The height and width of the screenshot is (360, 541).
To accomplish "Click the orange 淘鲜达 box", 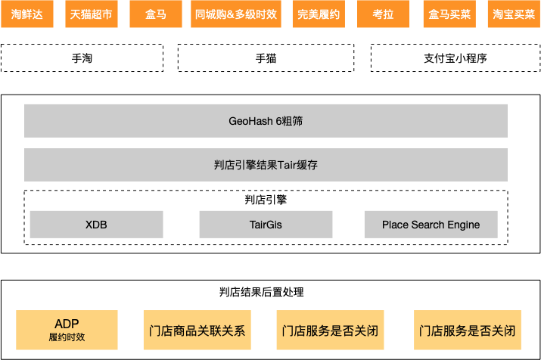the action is pyautogui.click(x=27, y=14).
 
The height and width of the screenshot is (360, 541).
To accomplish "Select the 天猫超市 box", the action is pyautogui.click(x=89, y=14).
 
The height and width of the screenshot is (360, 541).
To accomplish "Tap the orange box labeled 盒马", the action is pyautogui.click(x=155, y=14).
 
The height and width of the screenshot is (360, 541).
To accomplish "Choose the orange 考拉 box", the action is pyautogui.click(x=383, y=14).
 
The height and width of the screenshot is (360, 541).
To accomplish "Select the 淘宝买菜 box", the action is pyautogui.click(x=514, y=14).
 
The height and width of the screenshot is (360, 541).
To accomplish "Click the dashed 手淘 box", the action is pyautogui.click(x=82, y=57).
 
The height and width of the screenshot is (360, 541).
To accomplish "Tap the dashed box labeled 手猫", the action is pyautogui.click(x=266, y=57).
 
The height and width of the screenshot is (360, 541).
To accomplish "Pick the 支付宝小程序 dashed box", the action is pyautogui.click(x=455, y=57).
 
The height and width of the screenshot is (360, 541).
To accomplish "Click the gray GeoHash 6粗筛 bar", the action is pyautogui.click(x=266, y=120).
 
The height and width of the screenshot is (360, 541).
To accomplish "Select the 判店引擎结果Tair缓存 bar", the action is pyautogui.click(x=266, y=164).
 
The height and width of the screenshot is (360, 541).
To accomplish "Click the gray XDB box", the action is pyautogui.click(x=96, y=225).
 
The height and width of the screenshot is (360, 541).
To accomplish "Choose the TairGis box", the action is pyautogui.click(x=266, y=225).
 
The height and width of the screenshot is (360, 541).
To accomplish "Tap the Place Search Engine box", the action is pyautogui.click(x=431, y=225).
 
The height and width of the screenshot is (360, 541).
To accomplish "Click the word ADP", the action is pyautogui.click(x=67, y=323).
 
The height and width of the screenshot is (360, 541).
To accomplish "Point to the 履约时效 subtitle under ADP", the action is pyautogui.click(x=67, y=337).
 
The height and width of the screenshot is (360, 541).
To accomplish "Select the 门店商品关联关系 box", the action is pyautogui.click(x=194, y=331).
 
